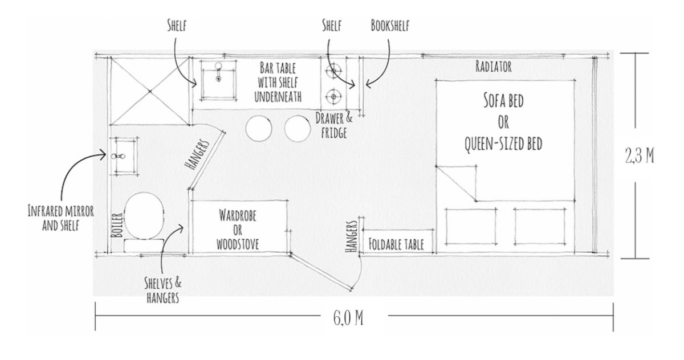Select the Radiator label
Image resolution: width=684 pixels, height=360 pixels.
click(493, 67)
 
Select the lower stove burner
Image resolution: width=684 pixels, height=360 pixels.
click(332, 94)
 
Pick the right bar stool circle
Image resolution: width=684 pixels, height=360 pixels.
click(298, 129)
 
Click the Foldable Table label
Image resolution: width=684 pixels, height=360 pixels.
click(397, 246)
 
